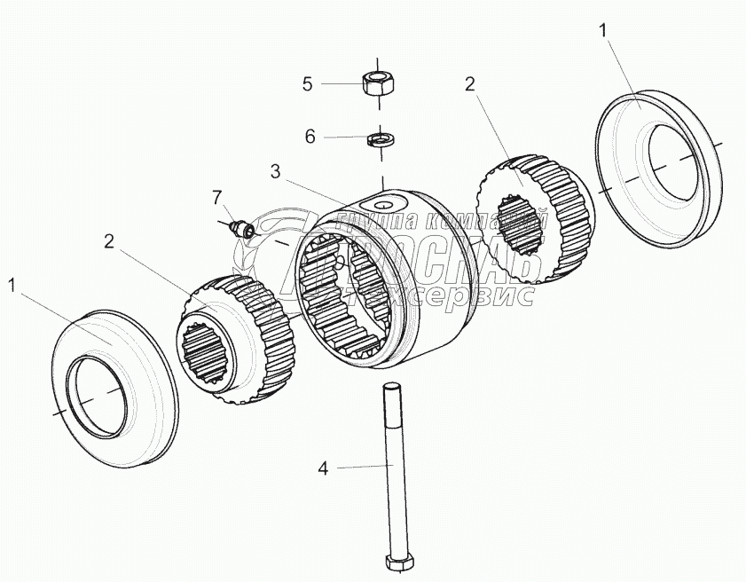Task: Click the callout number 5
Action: [x=308, y=84]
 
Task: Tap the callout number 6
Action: [x=310, y=137]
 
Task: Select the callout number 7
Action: [x=216, y=196]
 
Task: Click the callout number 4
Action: [x=323, y=468]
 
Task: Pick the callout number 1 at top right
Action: [x=603, y=31]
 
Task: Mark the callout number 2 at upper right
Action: [x=470, y=84]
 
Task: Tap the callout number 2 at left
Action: [x=108, y=240]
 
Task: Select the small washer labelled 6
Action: [x=381, y=139]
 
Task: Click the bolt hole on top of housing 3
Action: [x=384, y=206]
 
